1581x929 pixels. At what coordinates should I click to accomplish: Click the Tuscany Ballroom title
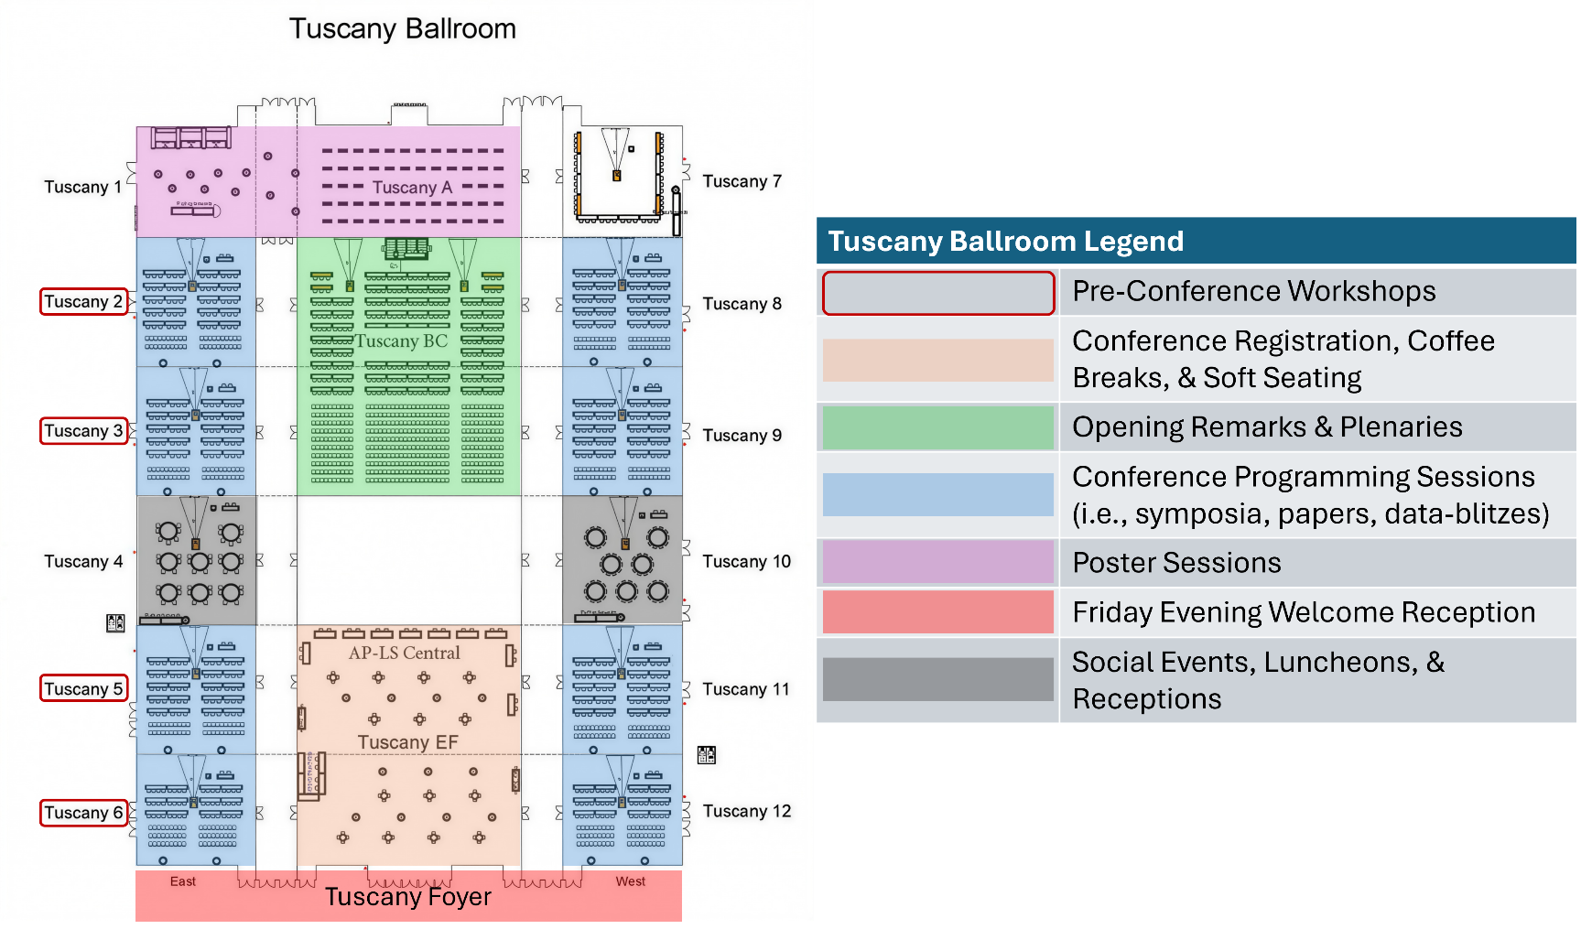403,29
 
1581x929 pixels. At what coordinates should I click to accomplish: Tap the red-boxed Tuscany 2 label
83,302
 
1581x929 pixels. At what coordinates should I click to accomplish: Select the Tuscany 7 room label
742,181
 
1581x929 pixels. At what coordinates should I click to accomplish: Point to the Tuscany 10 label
746,561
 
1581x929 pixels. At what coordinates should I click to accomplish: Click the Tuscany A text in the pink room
412,188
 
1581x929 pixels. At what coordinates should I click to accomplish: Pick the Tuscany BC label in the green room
401,341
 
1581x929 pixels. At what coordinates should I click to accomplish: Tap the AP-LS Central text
404,653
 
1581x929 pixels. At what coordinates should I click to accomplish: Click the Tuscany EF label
407,742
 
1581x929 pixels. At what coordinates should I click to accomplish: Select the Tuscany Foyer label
408,897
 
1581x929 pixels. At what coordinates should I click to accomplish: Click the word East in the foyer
183,881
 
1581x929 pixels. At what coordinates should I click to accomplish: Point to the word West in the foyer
630,881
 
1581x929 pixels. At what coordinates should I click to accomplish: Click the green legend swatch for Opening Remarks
937,427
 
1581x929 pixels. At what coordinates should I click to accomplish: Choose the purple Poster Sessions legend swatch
937,562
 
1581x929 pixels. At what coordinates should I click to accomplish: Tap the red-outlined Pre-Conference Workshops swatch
937,293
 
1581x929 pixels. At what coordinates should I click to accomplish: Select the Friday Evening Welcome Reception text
1304,612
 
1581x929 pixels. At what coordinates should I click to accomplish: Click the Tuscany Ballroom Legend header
1005,242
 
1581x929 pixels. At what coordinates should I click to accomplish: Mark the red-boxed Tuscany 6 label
83,813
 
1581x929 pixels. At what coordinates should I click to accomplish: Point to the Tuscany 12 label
746,811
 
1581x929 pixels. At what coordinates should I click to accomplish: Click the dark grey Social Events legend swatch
937,679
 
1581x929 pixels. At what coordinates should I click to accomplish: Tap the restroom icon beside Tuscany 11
707,755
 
